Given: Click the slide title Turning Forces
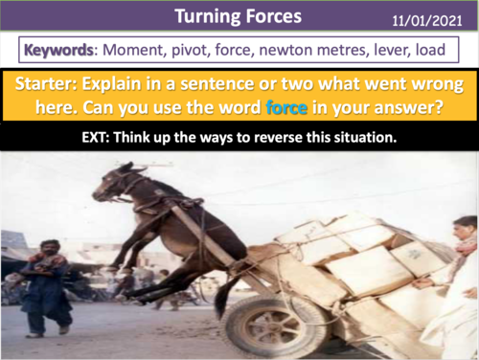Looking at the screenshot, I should point(239,16).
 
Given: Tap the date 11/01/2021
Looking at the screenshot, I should point(433,19).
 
